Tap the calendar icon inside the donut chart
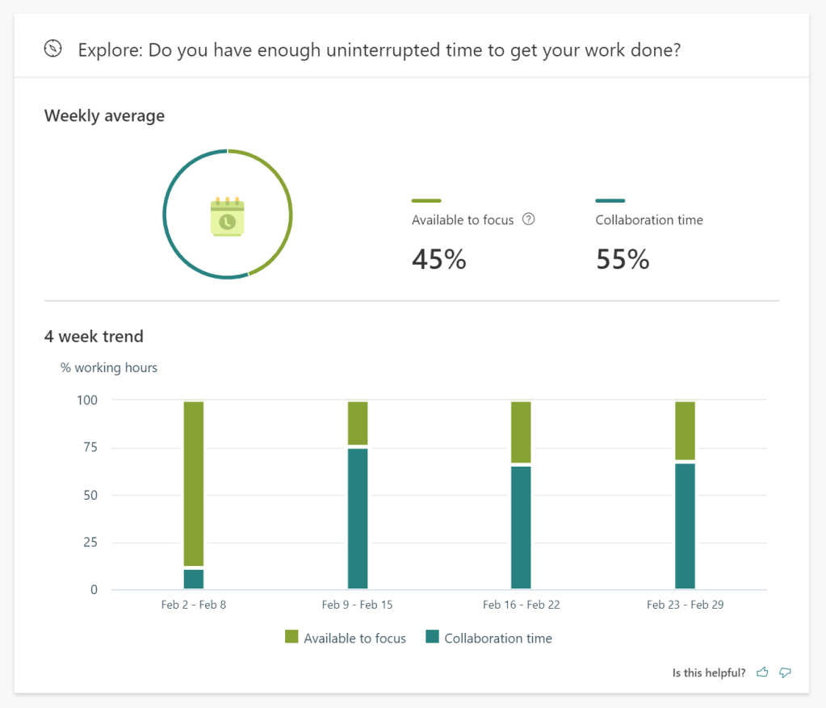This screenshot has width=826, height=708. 227,216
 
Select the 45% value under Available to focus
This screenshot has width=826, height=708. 438,259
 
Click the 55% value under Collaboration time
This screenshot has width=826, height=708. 623,259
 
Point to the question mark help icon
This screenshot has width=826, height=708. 529,219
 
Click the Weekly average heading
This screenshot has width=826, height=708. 104,115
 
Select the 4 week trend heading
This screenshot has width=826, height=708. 94,336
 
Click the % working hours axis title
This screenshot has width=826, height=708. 109,367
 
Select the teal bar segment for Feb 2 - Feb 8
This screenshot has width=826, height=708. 194,579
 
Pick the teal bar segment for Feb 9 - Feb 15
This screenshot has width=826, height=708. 358,518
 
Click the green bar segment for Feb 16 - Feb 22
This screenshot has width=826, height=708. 521,432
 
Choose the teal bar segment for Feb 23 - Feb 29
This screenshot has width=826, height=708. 685,526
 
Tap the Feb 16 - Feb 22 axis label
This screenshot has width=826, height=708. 521,605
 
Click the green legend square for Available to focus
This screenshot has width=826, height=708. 291,638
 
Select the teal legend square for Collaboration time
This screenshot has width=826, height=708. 432,638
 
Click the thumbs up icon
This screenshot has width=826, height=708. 762,672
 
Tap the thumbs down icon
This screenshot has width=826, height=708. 784,672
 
